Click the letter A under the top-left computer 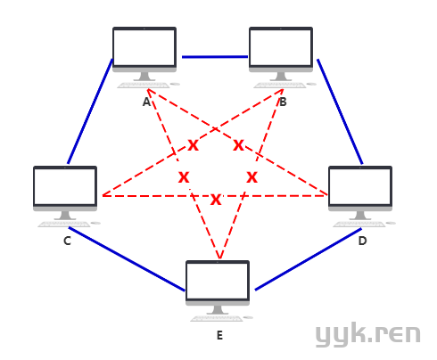[x=146, y=102]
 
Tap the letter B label [x=283, y=102]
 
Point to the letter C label [x=67, y=241]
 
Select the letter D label [x=362, y=241]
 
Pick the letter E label [x=219, y=335]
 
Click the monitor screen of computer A [x=144, y=47]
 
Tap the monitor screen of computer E [x=218, y=281]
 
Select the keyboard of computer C [x=64, y=225]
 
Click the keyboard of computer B [x=280, y=86]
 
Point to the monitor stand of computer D [x=360, y=216]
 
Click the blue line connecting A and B [x=215, y=57]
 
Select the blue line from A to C [x=90, y=111]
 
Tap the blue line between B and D [x=340, y=111]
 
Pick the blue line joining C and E [x=127, y=259]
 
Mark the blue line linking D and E [x=309, y=259]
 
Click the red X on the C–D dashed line [x=216, y=200]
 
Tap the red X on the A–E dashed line [x=184, y=177]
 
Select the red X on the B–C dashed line [x=193, y=145]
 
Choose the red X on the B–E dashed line [x=251, y=177]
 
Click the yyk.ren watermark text [x=368, y=335]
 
